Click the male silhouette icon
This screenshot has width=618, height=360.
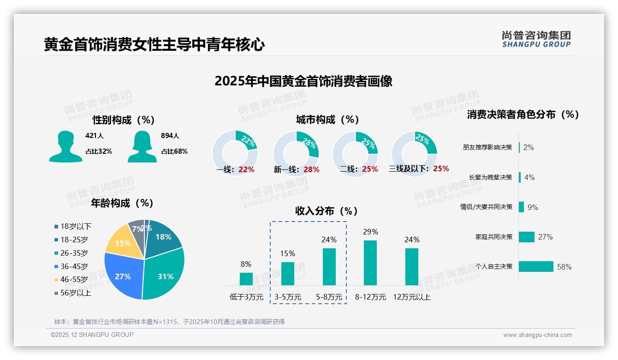[x=65, y=146]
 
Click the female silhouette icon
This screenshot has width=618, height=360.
[x=142, y=146]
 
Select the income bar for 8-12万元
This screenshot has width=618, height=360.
[x=370, y=263]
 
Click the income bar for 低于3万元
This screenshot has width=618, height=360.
[x=246, y=279]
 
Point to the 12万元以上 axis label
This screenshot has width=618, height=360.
[x=411, y=297]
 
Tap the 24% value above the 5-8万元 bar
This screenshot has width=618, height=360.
[x=329, y=240]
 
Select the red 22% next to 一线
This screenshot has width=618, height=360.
[x=246, y=169]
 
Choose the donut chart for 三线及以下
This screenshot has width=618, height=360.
[x=414, y=148]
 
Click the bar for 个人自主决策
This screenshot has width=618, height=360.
[x=535, y=266]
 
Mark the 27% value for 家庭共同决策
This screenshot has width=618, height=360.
[x=545, y=237]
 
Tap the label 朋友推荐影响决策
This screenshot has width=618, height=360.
[x=487, y=148]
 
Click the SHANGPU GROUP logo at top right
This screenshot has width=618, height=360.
[x=536, y=39]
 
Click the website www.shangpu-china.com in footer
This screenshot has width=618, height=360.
[x=537, y=335]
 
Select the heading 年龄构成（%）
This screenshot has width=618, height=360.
[x=122, y=203]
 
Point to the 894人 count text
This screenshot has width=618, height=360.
[x=170, y=136]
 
